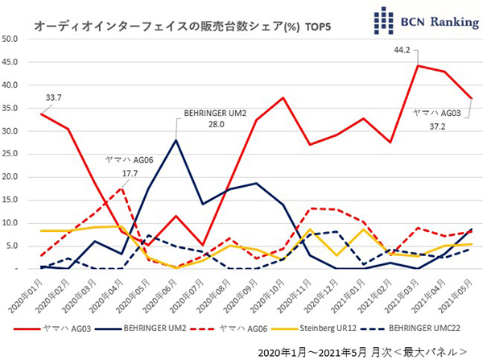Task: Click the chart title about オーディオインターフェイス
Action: [183, 27]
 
